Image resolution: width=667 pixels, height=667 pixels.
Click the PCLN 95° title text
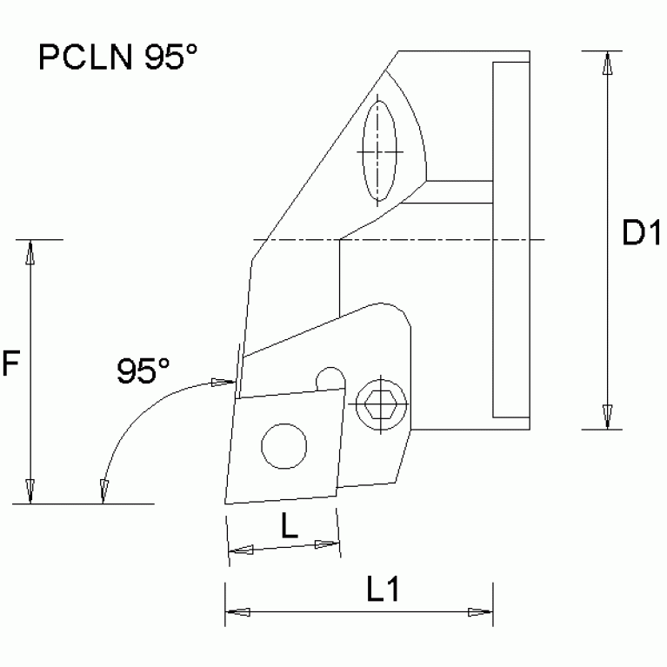click(x=118, y=58)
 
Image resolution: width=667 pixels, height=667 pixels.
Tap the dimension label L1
click(x=382, y=590)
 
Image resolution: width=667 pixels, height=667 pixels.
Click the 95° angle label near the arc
click(x=143, y=371)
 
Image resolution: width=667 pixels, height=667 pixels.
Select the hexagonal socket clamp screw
click(x=379, y=403)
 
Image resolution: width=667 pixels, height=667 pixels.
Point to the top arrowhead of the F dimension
click(x=31, y=252)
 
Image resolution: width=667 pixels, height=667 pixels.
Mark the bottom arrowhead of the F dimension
click(x=31, y=491)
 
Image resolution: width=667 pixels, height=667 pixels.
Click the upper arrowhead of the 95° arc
click(x=223, y=382)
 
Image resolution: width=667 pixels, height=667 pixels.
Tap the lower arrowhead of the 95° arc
click(x=103, y=491)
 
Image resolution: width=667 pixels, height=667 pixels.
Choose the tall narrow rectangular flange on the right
click(x=510, y=239)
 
